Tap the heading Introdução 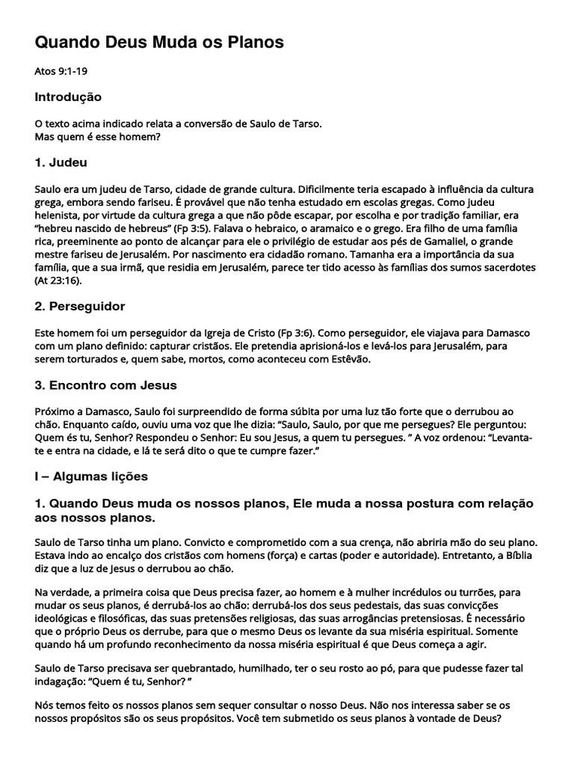pyautogui.click(x=68, y=97)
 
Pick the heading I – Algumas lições pyautogui.click(x=92, y=476)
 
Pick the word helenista pyautogui.click(x=58, y=215)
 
